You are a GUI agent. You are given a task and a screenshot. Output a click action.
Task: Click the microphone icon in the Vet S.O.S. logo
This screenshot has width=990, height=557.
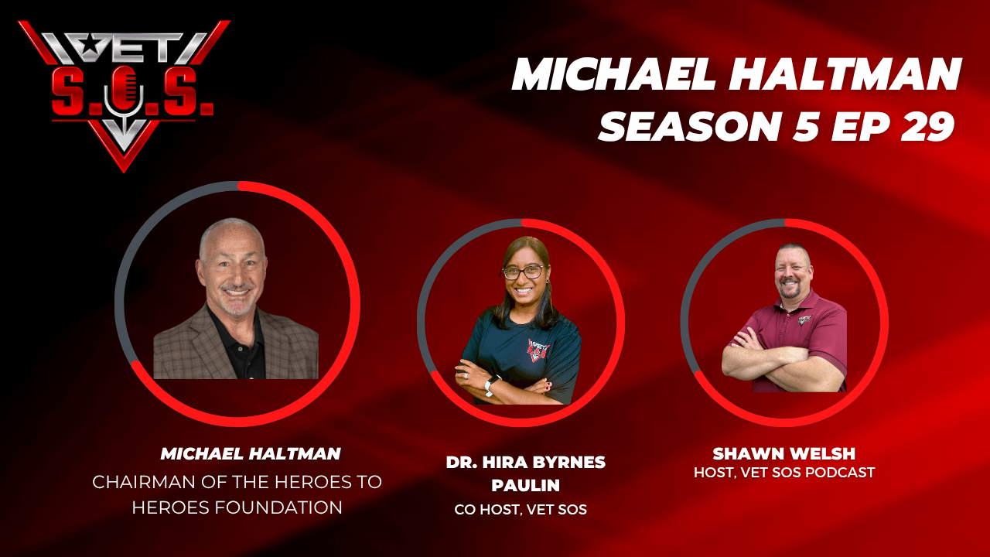[x=125, y=95]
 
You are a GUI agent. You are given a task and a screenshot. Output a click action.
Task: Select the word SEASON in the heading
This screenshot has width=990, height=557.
[x=689, y=126]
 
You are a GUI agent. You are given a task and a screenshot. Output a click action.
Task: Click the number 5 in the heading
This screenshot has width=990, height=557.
[x=806, y=126]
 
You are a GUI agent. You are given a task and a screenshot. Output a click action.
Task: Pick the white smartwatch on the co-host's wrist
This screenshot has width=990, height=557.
[x=490, y=384]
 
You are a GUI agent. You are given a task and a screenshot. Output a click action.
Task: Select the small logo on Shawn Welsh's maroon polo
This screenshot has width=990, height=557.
[x=804, y=319]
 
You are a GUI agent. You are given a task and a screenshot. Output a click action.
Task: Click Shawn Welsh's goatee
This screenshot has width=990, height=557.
[x=793, y=292]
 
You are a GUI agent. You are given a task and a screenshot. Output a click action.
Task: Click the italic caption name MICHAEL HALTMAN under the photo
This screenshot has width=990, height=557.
[x=251, y=453]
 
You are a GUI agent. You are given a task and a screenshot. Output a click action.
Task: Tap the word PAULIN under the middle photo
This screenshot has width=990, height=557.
[x=525, y=485]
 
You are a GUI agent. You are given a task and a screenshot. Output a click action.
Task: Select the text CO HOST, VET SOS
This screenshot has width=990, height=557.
[x=521, y=510]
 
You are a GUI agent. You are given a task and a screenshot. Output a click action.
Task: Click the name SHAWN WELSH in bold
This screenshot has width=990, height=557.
[x=784, y=453]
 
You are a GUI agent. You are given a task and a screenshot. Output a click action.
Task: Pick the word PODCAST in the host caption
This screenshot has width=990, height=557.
[x=840, y=473]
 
